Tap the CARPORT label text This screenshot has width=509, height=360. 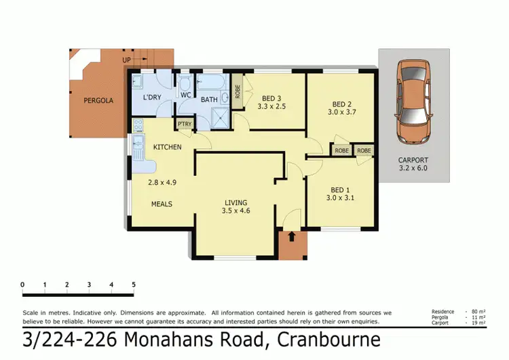pos(413,161)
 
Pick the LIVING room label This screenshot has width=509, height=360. pos(236,202)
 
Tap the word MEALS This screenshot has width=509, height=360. pos(161,204)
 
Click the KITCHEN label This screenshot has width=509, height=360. pos(167,147)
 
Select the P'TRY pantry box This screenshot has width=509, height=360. pos(183,124)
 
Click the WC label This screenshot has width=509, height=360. pos(185,96)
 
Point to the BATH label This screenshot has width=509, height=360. pos(209,100)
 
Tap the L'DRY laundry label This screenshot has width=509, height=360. pos(151,97)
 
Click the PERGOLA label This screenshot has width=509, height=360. pos(98,101)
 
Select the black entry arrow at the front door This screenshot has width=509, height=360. pos(292,236)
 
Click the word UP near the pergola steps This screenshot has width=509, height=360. pos(126,60)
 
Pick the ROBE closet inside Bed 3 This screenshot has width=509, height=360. pos(238,92)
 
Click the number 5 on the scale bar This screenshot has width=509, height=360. pos(134,284)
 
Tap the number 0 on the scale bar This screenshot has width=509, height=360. pos(22,284)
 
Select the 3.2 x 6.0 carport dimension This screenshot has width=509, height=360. pos(413,168)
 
